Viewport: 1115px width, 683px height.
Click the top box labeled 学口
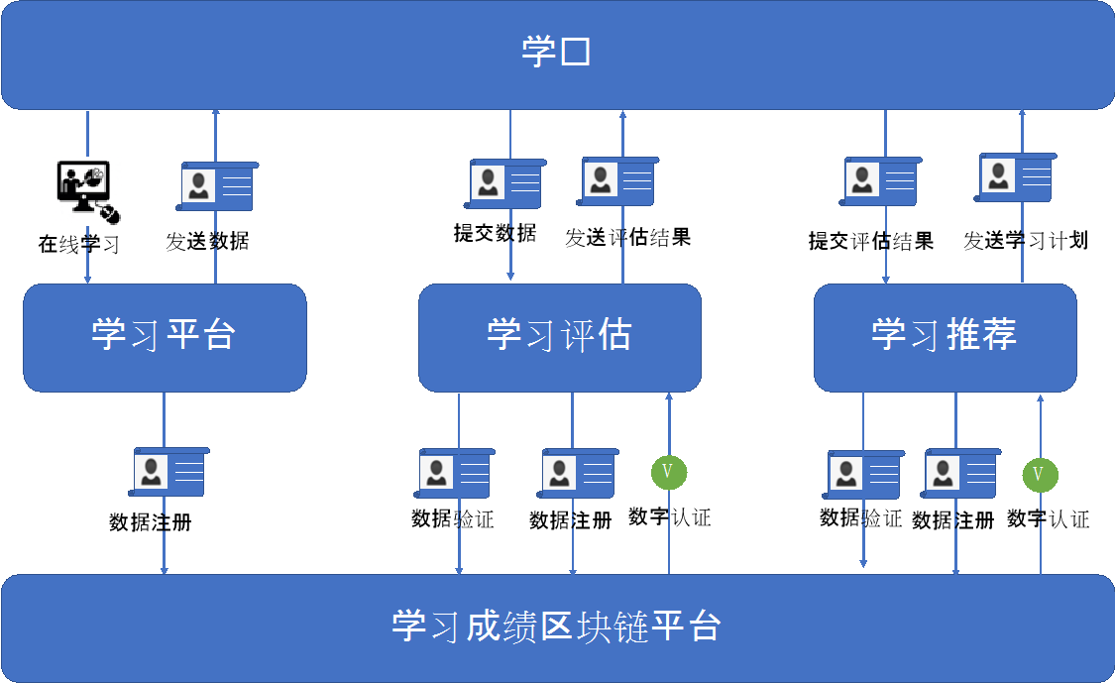point(557,54)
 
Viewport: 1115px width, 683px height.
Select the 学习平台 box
point(165,337)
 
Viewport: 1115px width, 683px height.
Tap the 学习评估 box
point(559,337)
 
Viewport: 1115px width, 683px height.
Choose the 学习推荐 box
point(945,337)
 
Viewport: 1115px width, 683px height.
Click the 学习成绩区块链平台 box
point(557,627)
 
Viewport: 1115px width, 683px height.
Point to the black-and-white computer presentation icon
point(87,191)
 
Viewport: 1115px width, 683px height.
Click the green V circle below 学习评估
point(668,472)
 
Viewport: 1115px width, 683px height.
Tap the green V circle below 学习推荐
point(1040,475)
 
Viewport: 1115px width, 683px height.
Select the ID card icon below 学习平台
point(170,472)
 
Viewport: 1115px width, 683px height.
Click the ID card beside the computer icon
point(217,186)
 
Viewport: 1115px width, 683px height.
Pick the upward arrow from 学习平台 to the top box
point(216,248)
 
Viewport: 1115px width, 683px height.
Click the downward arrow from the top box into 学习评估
point(510,248)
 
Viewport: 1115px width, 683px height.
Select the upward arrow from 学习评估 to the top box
point(622,248)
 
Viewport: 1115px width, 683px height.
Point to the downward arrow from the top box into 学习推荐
point(885,248)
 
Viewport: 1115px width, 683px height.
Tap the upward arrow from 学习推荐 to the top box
point(1022,248)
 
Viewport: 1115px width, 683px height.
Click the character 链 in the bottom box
point(631,627)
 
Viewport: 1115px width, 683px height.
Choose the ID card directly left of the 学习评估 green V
point(578,472)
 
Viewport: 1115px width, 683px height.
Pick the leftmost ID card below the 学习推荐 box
point(864,474)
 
